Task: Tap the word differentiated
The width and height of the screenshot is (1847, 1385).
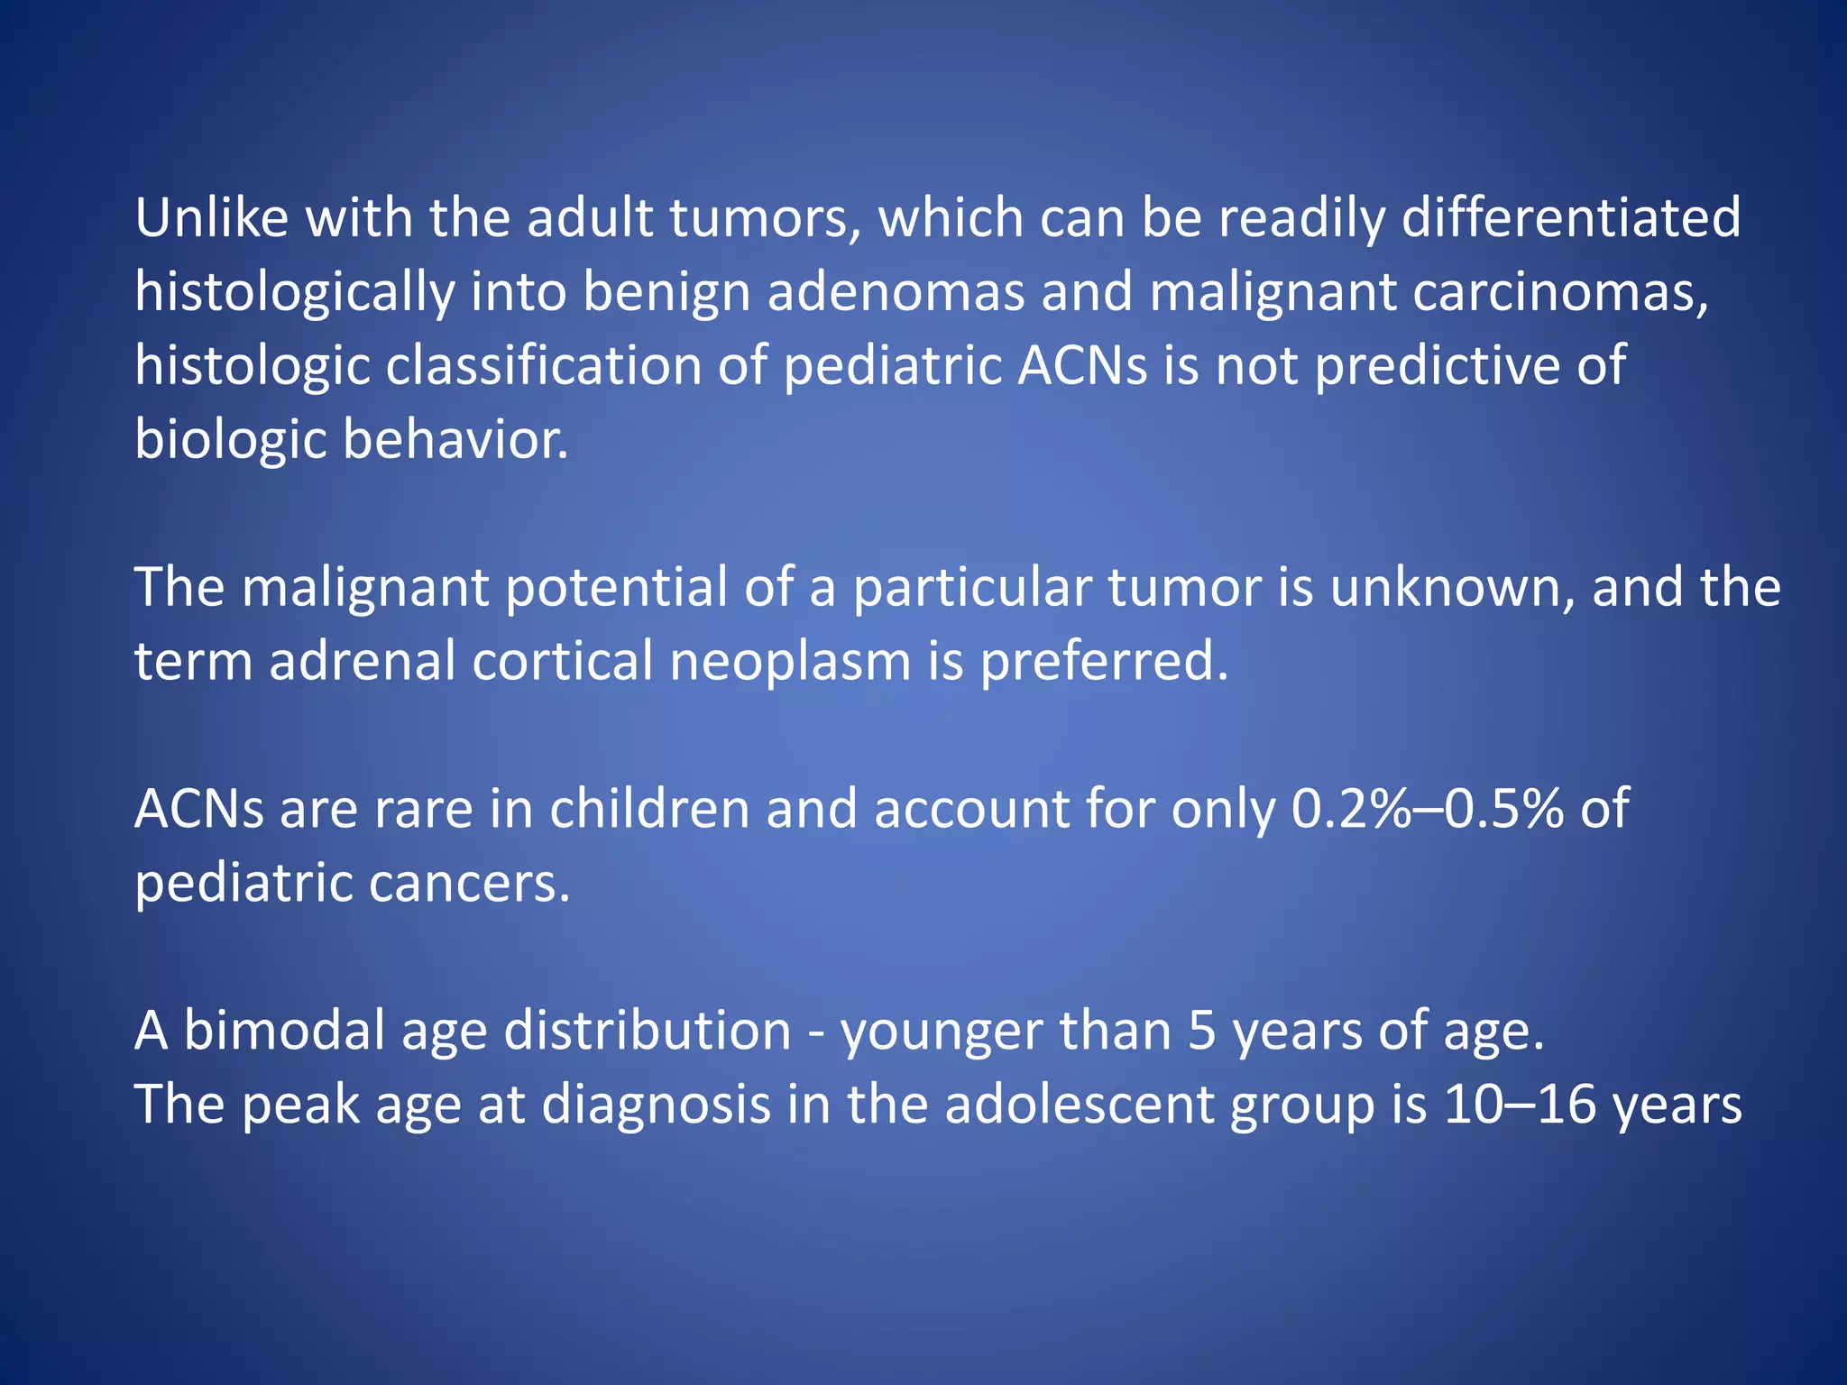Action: pos(1570,218)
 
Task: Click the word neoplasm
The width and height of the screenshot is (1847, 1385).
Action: pos(791,662)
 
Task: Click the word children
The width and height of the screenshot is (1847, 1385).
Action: pos(649,809)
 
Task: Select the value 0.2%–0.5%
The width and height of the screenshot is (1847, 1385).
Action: pos(1427,809)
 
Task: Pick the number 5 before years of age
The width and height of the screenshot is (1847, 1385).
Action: pos(1201,1031)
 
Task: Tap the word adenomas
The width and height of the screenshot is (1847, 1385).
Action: pos(896,292)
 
